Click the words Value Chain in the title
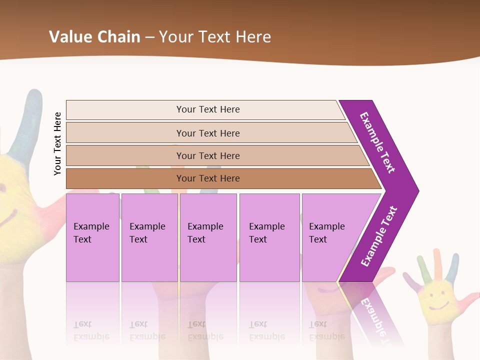click(x=94, y=36)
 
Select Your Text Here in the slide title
click(x=215, y=36)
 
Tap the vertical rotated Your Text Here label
click(x=57, y=144)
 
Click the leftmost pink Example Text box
click(x=92, y=237)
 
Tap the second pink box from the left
click(x=149, y=237)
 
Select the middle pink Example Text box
click(x=208, y=237)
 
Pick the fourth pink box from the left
click(x=269, y=237)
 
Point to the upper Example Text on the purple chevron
click(x=377, y=142)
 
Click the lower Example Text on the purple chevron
click(x=379, y=236)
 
